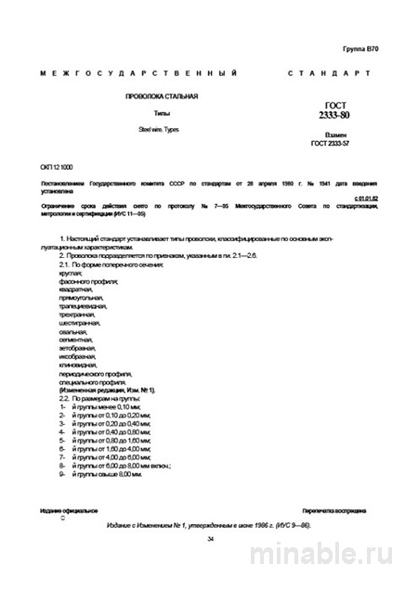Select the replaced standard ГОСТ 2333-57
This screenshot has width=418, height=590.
pos(335,145)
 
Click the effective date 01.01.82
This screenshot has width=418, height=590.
pos(369,198)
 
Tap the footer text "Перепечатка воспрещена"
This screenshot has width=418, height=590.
pos(335,511)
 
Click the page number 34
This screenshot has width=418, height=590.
pos(210,538)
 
